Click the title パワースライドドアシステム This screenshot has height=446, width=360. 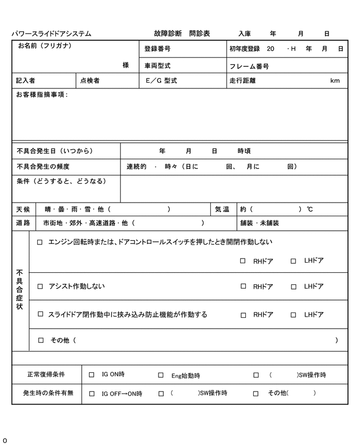(x=51, y=34)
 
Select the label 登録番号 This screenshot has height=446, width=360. (x=157, y=49)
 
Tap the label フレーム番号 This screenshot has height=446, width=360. (x=249, y=66)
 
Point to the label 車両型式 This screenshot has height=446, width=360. (x=157, y=66)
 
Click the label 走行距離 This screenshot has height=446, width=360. (x=242, y=81)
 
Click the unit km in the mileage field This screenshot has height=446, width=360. (x=335, y=81)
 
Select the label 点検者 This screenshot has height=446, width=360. (x=89, y=81)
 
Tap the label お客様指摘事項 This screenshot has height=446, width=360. (x=41, y=95)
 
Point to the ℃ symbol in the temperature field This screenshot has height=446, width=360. (x=310, y=209)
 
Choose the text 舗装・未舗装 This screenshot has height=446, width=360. (x=260, y=223)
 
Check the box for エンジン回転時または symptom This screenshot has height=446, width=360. (x=40, y=242)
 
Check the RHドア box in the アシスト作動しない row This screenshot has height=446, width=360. (x=243, y=286)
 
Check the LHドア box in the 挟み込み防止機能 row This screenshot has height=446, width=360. (x=294, y=315)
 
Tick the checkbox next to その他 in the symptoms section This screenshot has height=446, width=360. (x=41, y=340)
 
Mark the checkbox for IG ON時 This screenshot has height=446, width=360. (x=92, y=375)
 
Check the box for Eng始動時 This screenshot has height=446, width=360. (x=161, y=375)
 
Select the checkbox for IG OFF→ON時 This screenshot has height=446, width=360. (x=92, y=393)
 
